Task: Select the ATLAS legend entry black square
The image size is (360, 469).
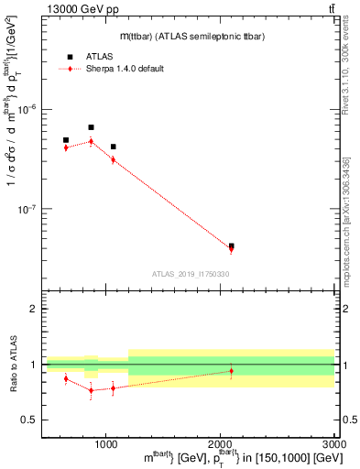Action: tap(69, 57)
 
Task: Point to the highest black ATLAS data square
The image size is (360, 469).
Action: tap(91, 127)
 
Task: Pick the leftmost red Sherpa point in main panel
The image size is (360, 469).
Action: tap(66, 147)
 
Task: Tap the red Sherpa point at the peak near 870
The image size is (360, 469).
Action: tap(91, 141)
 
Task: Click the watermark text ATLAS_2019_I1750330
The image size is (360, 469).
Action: tap(190, 274)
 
